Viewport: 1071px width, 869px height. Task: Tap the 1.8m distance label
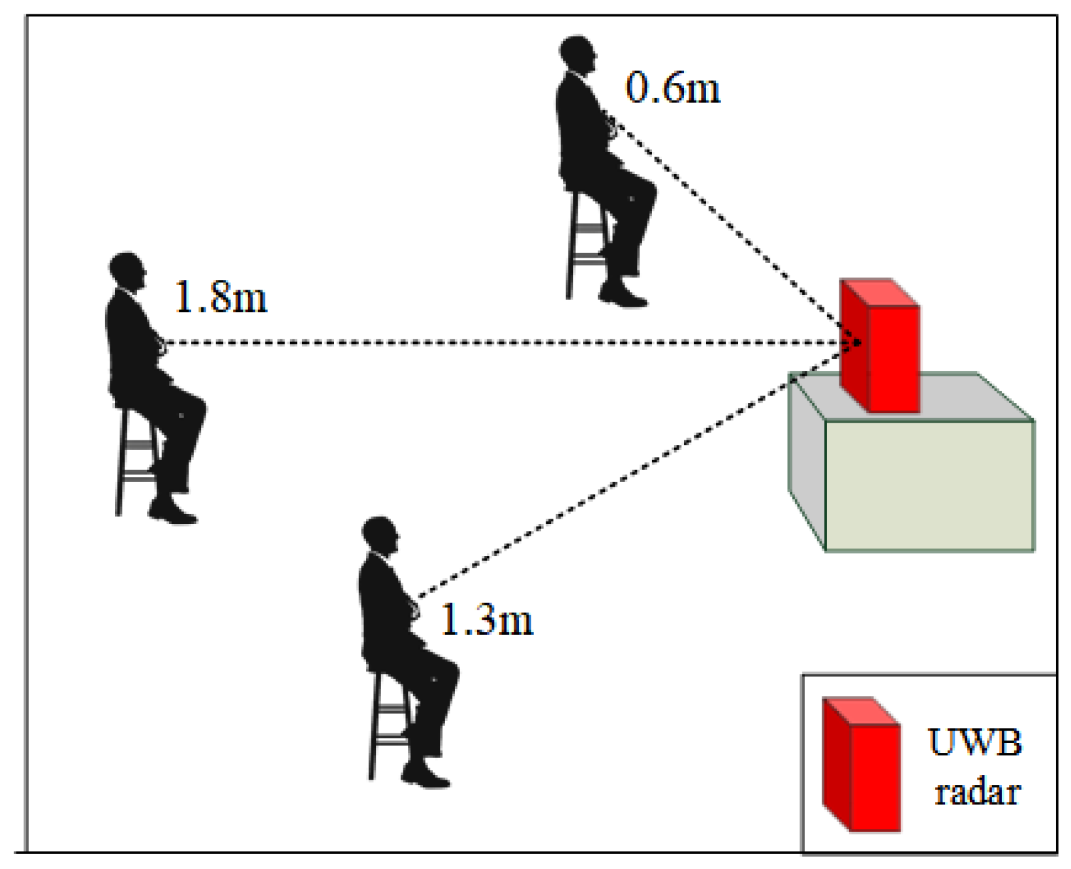221,297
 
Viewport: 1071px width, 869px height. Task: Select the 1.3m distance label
487,619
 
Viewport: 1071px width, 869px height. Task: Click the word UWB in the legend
975,742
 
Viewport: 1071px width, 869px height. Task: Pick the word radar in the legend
977,793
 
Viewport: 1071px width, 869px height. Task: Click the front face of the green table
929,486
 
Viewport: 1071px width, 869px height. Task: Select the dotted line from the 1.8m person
496,343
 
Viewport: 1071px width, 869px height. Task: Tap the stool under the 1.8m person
134,457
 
